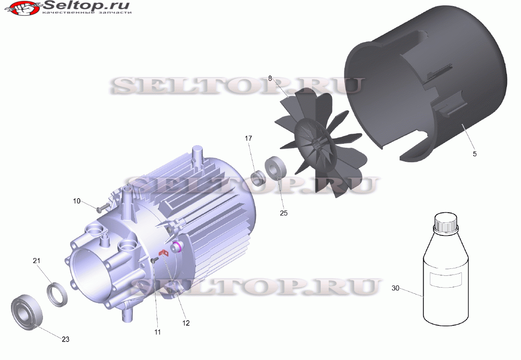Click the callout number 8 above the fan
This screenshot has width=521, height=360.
click(x=270, y=78)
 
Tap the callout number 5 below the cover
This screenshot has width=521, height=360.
click(x=475, y=154)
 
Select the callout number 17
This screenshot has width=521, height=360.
click(x=248, y=138)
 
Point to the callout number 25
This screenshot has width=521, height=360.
click(x=284, y=213)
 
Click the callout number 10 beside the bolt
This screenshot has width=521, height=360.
click(x=77, y=201)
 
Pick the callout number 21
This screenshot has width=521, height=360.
click(x=36, y=261)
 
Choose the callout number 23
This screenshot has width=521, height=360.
click(x=65, y=339)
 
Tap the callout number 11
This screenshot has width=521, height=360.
click(x=157, y=332)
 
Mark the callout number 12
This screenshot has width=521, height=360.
click(x=186, y=323)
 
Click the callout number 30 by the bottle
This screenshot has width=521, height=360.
click(x=395, y=288)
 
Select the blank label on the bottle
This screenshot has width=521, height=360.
click(x=446, y=279)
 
